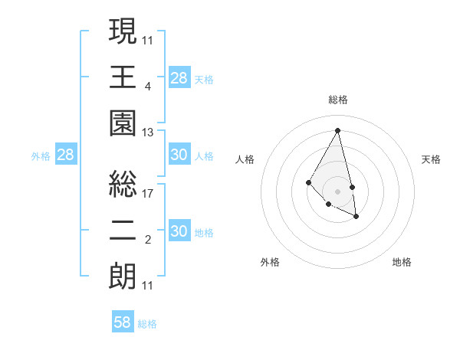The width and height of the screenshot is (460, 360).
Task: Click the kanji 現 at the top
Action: [123, 32]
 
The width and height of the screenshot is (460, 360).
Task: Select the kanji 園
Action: [123, 124]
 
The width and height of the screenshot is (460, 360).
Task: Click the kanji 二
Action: [123, 231]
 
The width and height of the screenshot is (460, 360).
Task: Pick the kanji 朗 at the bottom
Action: [123, 276]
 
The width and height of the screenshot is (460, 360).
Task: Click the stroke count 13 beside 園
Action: [148, 133]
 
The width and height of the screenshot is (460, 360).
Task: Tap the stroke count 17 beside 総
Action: [148, 193]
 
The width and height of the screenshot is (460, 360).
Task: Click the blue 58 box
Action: [123, 322]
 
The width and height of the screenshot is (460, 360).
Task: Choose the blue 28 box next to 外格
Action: [66, 155]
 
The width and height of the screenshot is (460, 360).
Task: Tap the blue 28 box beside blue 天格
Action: [179, 77]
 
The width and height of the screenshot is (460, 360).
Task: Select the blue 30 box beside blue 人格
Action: [179, 155]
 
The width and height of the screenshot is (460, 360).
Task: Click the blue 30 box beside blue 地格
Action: [179, 231]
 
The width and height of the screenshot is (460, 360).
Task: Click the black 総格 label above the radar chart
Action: [337, 100]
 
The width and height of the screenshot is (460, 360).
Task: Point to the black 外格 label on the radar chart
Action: [270, 262]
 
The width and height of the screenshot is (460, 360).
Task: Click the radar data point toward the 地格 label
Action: [357, 217]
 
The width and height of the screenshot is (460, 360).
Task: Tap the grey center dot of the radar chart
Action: [337, 191]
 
